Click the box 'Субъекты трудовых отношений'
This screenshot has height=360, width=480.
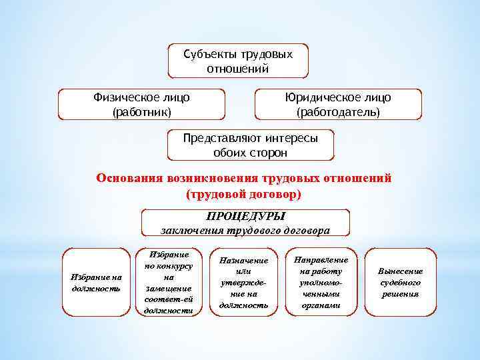[238, 61]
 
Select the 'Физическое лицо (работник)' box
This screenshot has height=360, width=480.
[142, 105]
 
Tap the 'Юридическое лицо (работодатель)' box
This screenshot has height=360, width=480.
[338, 105]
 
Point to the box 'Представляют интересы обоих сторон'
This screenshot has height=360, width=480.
[250, 145]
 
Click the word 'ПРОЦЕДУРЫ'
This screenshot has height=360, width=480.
[245, 216]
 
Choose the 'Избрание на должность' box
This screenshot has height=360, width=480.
[96, 283]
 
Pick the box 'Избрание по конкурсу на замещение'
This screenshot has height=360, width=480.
[169, 283]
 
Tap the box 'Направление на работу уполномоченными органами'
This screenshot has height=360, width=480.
[321, 283]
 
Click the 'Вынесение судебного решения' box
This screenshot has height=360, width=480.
[400, 283]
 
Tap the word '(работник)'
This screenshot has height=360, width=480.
[142, 113]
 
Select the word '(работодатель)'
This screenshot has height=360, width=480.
[338, 113]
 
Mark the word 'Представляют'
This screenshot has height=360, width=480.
[221, 139]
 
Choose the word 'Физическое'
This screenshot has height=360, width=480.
[123, 98]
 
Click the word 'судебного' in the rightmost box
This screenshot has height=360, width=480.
[400, 283]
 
